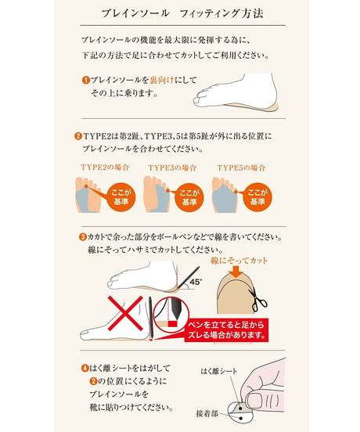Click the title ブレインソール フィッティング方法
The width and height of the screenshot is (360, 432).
coord(182,13)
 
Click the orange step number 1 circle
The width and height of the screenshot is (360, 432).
coord(86,80)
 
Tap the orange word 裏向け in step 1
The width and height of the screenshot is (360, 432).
coord(162,80)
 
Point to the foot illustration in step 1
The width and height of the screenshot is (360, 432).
coord(236,92)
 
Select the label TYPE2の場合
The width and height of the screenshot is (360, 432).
coord(105,167)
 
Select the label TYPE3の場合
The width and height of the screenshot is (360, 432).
coord(172,167)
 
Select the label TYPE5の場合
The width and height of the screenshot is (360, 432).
coord(241,167)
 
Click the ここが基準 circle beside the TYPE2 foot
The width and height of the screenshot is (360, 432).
coord(121,196)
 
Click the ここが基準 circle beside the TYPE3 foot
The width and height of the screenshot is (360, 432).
coord(189,197)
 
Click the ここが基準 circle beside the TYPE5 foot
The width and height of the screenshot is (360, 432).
coord(257,197)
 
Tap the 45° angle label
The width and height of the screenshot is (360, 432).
coord(196,282)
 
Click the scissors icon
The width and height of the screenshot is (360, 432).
coord(258,301)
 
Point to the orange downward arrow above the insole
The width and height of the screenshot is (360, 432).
coord(237,272)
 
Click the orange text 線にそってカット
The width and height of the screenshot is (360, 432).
coord(239,261)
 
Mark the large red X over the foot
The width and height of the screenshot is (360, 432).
coord(125,313)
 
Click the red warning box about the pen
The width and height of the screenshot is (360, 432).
coord(226,330)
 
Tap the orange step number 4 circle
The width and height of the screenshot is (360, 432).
coord(85,368)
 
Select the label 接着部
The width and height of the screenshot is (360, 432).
coord(207,413)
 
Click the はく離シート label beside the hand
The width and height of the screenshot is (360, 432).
coord(218,371)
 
